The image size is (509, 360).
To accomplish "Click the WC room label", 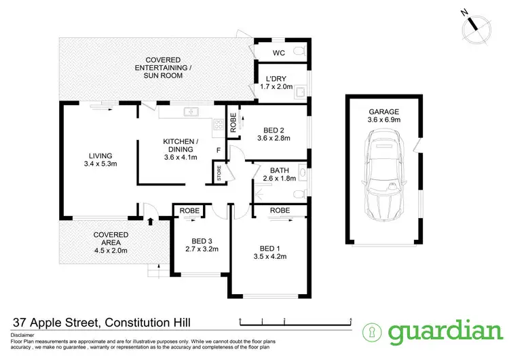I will click(278, 52).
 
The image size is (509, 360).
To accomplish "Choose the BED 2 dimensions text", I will click(273, 138).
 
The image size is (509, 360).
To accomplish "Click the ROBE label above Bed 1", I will click(280, 211).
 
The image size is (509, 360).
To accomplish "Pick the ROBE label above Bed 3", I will click(189, 211).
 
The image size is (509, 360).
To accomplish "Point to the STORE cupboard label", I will click(219, 171).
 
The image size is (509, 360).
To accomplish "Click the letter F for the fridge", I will click(218, 149).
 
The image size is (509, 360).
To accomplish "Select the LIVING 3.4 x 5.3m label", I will click(99, 159).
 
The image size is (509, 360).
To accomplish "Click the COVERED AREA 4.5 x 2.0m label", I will click(110, 242).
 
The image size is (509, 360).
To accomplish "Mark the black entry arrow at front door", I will click(149, 220).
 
